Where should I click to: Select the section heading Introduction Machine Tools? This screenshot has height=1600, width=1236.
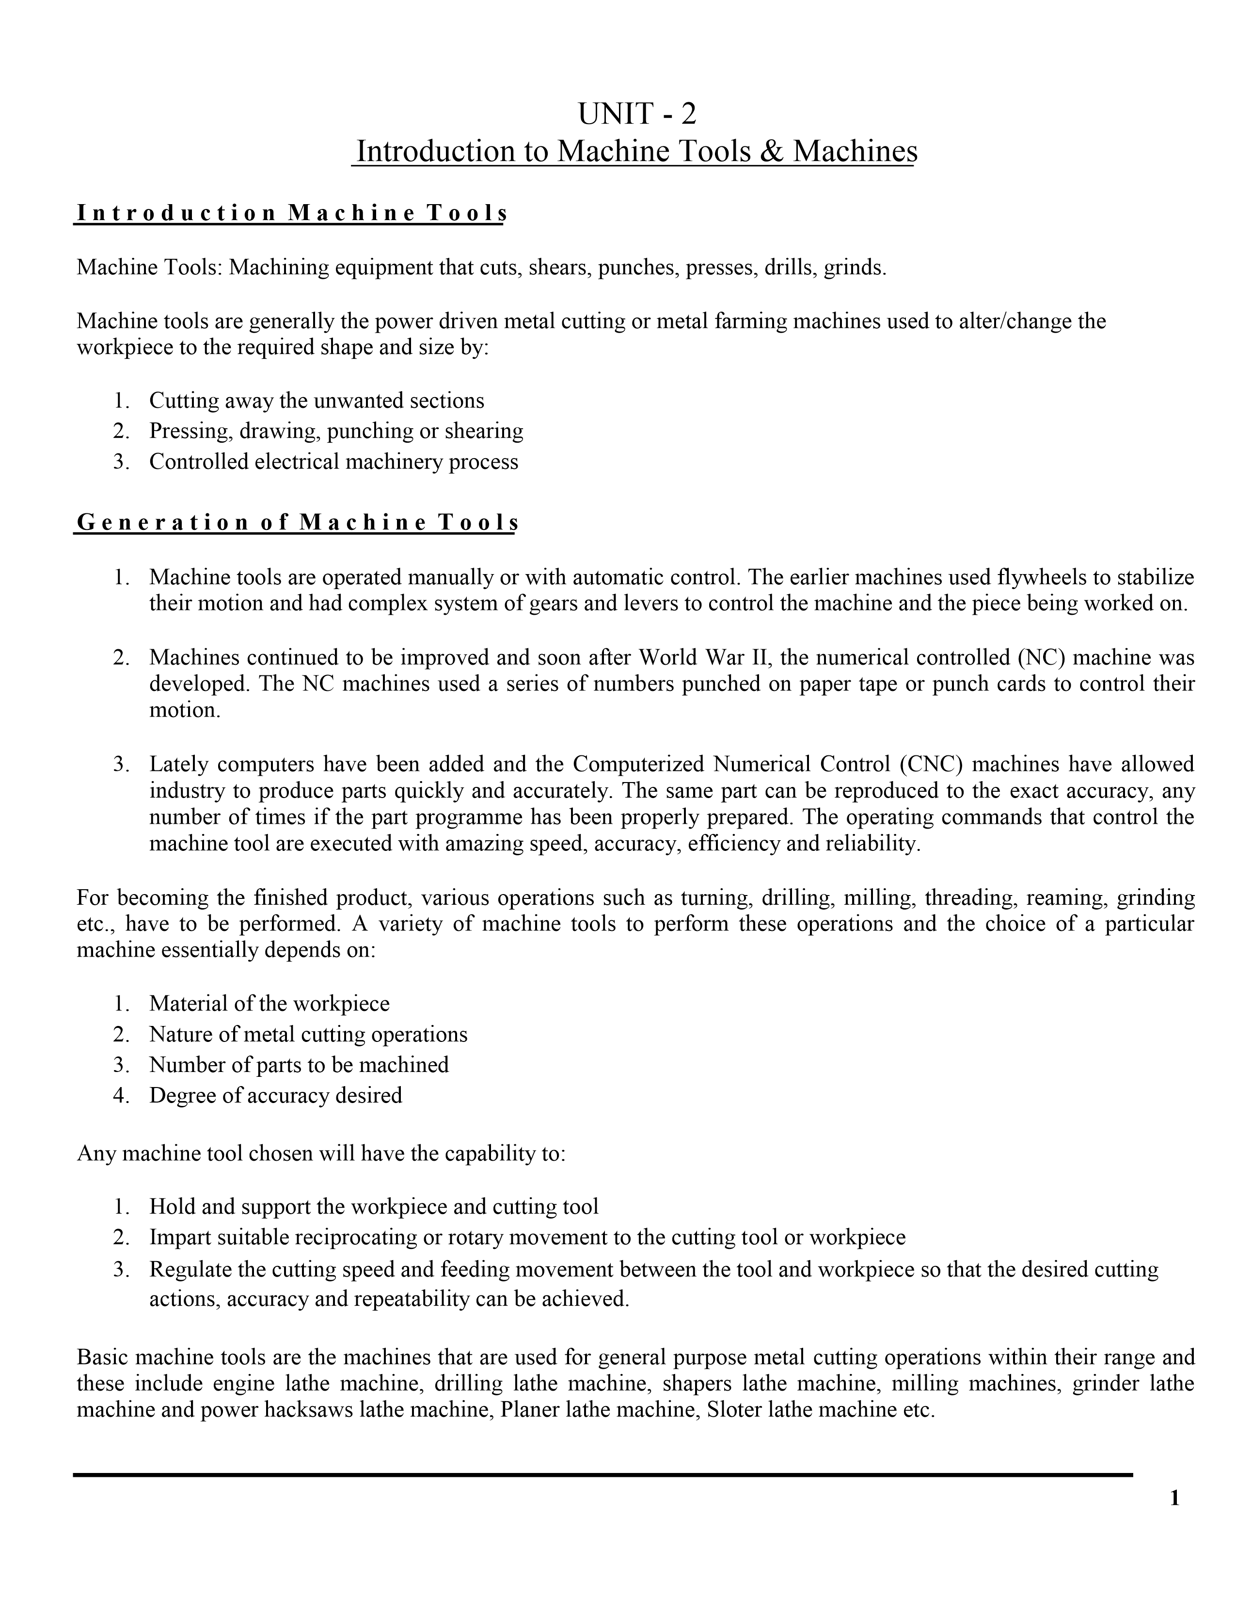click(x=291, y=213)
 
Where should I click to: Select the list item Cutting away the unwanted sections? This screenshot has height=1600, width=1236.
click(x=317, y=401)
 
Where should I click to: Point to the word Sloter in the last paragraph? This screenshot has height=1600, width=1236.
click(x=734, y=1410)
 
